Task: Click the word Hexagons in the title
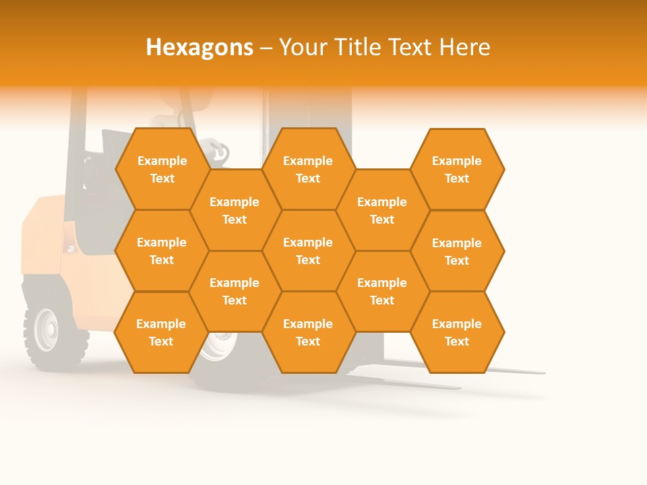[x=199, y=47]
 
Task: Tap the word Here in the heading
[x=465, y=47]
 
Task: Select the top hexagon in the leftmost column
[x=162, y=169]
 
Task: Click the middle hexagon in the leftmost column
[x=162, y=251]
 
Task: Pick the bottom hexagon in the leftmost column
[x=161, y=332]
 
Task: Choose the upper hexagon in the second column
[x=235, y=210]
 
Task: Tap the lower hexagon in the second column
[x=235, y=291]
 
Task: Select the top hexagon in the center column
[x=308, y=169]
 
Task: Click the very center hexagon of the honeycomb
[x=308, y=251]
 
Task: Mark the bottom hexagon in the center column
[x=308, y=332]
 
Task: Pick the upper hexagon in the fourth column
[x=382, y=210]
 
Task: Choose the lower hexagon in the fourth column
[x=382, y=291]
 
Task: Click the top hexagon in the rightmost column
[x=457, y=169]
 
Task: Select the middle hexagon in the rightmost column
[x=457, y=251]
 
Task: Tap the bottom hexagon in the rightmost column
[x=457, y=332]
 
